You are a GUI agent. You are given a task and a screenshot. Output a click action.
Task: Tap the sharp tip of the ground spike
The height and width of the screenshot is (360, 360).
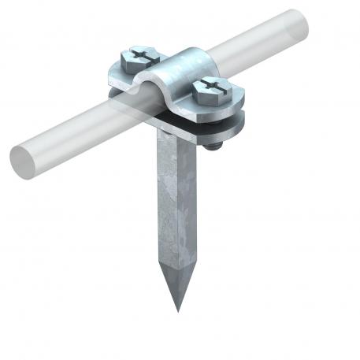tap(178, 308)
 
